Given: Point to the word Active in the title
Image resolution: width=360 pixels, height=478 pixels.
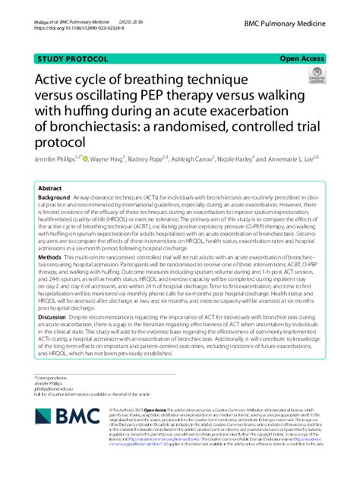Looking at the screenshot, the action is tap(58, 79).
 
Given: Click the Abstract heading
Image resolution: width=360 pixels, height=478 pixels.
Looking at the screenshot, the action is tap(50, 188).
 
